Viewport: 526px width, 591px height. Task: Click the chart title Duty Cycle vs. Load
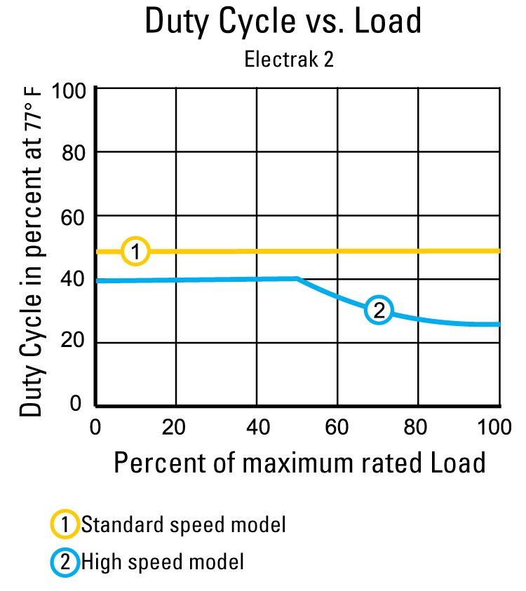283,21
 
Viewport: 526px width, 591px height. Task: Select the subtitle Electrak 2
288,60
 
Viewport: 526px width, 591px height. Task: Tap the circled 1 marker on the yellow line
135,251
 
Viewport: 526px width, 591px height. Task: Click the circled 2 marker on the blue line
379,310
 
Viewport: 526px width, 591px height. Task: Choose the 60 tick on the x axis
337,426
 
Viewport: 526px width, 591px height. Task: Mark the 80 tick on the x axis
418,426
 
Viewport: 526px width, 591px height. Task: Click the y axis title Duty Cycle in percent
30,252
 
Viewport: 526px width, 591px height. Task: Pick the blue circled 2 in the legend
64,561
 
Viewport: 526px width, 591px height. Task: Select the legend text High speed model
163,561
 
